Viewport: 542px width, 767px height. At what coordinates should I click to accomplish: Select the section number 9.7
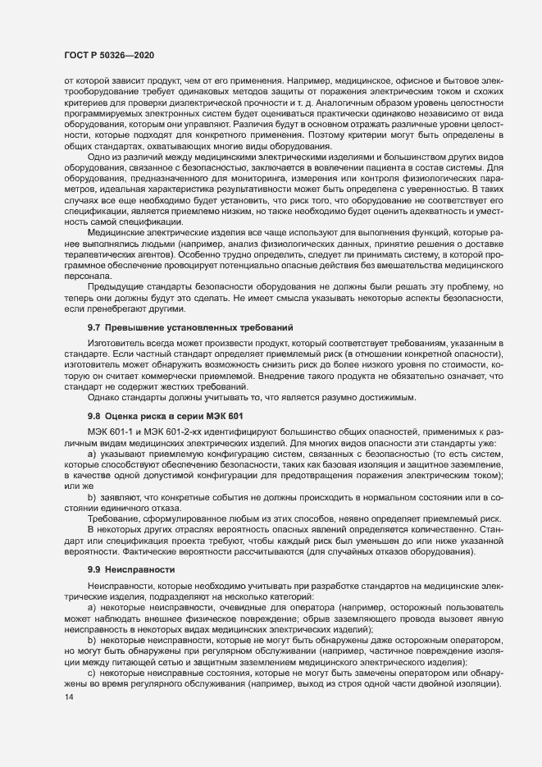pos(93,327)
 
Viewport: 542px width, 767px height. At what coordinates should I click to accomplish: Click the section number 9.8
pos(93,416)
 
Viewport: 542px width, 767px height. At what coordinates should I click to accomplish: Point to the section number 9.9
pos(93,568)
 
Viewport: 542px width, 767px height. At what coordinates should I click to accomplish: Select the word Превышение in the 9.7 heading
pos(131,327)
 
